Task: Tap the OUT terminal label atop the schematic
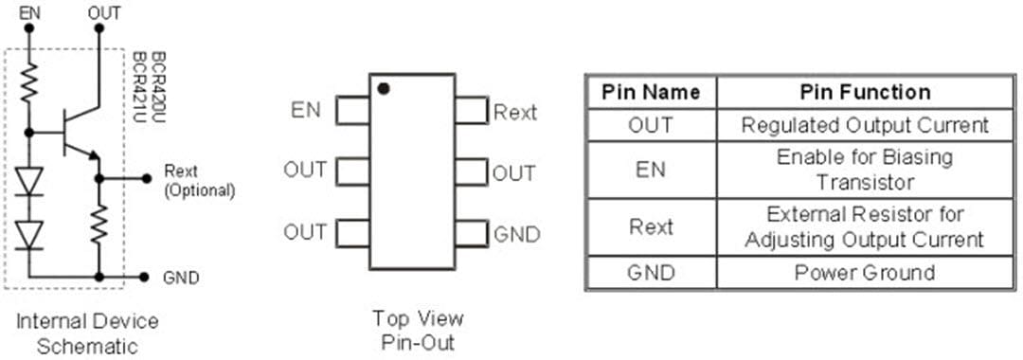[103, 12]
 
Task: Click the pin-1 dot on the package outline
[383, 89]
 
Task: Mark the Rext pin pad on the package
[471, 111]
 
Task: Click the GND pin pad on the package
[471, 233]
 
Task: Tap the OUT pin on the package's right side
[471, 172]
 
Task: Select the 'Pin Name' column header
[651, 92]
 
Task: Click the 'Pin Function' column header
[865, 92]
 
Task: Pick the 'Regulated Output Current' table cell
[865, 125]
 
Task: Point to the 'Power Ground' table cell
[865, 273]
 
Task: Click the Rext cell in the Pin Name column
[651, 227]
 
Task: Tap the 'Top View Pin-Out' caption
[418, 330]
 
